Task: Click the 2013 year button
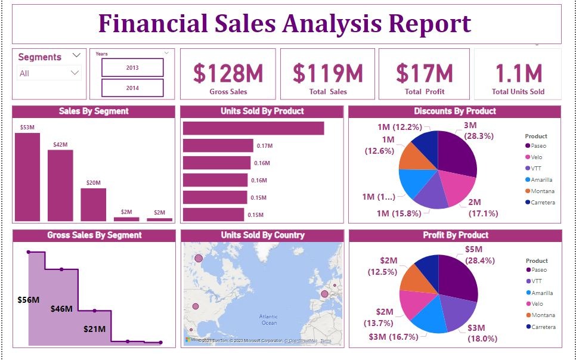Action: coord(132,67)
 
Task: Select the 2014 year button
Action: coord(132,88)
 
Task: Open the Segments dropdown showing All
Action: coord(49,73)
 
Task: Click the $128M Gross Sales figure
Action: coord(228,73)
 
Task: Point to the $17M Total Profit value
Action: coord(425,73)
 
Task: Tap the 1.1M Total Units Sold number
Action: coord(518,73)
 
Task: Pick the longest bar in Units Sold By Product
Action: coord(253,128)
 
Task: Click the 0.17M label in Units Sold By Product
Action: coord(265,146)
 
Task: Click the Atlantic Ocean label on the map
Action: coord(269,319)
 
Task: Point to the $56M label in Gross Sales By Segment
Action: coord(28,300)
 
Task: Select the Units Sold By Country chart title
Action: coord(262,235)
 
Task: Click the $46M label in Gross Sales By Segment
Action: coord(61,309)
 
